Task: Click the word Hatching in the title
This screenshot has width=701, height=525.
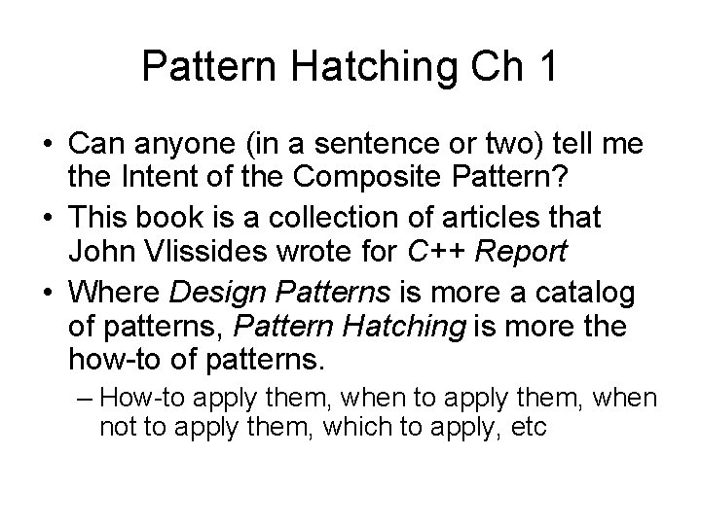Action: [x=364, y=67]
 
